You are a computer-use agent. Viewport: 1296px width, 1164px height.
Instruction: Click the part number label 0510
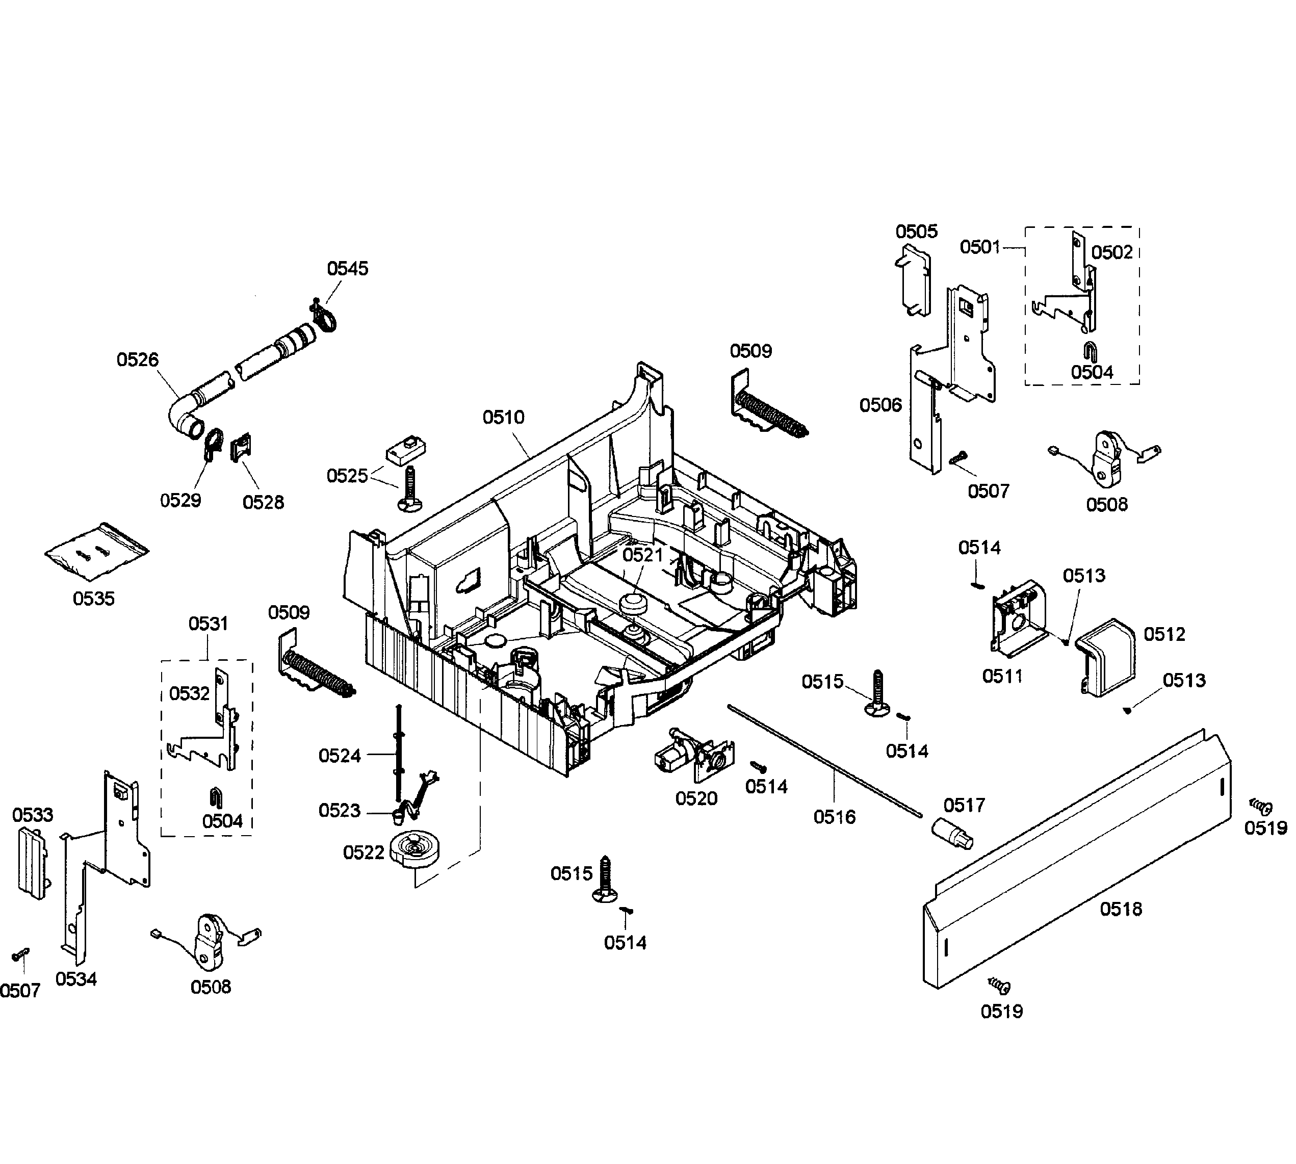[x=503, y=418]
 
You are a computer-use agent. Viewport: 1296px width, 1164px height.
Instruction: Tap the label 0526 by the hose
[x=138, y=360]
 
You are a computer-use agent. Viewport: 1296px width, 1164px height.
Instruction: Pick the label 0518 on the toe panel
[x=1120, y=909]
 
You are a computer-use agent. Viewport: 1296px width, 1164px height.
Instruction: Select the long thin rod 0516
[x=825, y=761]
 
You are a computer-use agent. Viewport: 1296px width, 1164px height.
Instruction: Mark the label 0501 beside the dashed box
[x=979, y=247]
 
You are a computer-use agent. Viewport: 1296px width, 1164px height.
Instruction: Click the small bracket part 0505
[x=914, y=281]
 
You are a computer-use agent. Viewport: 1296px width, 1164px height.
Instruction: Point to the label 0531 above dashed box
[x=208, y=624]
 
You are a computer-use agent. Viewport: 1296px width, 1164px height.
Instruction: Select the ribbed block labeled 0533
[x=33, y=863]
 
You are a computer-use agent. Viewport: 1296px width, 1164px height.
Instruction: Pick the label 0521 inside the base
[x=642, y=555]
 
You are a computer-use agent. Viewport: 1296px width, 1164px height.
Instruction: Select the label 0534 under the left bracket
[x=76, y=979]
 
